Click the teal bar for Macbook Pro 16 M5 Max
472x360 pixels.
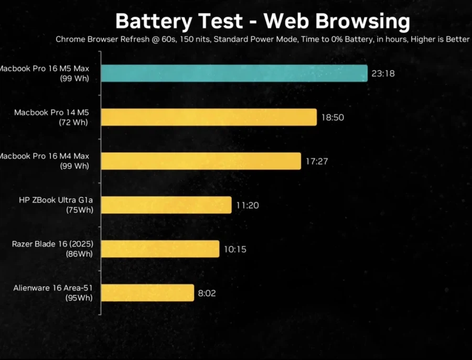coord(234,73)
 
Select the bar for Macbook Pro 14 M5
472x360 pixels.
coord(208,117)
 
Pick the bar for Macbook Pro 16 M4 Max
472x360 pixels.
coord(200,161)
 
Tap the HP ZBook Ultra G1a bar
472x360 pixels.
coord(166,205)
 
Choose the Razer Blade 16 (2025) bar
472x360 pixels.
coord(159,249)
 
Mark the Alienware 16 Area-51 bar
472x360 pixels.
coord(147,293)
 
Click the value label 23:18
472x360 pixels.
coord(383,74)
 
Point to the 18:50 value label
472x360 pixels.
coord(332,117)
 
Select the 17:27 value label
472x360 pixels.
coord(317,161)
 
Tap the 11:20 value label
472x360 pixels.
coord(247,205)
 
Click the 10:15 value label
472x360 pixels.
coord(235,249)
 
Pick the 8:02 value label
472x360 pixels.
coord(207,293)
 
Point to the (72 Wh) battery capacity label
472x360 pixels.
coord(73,123)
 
